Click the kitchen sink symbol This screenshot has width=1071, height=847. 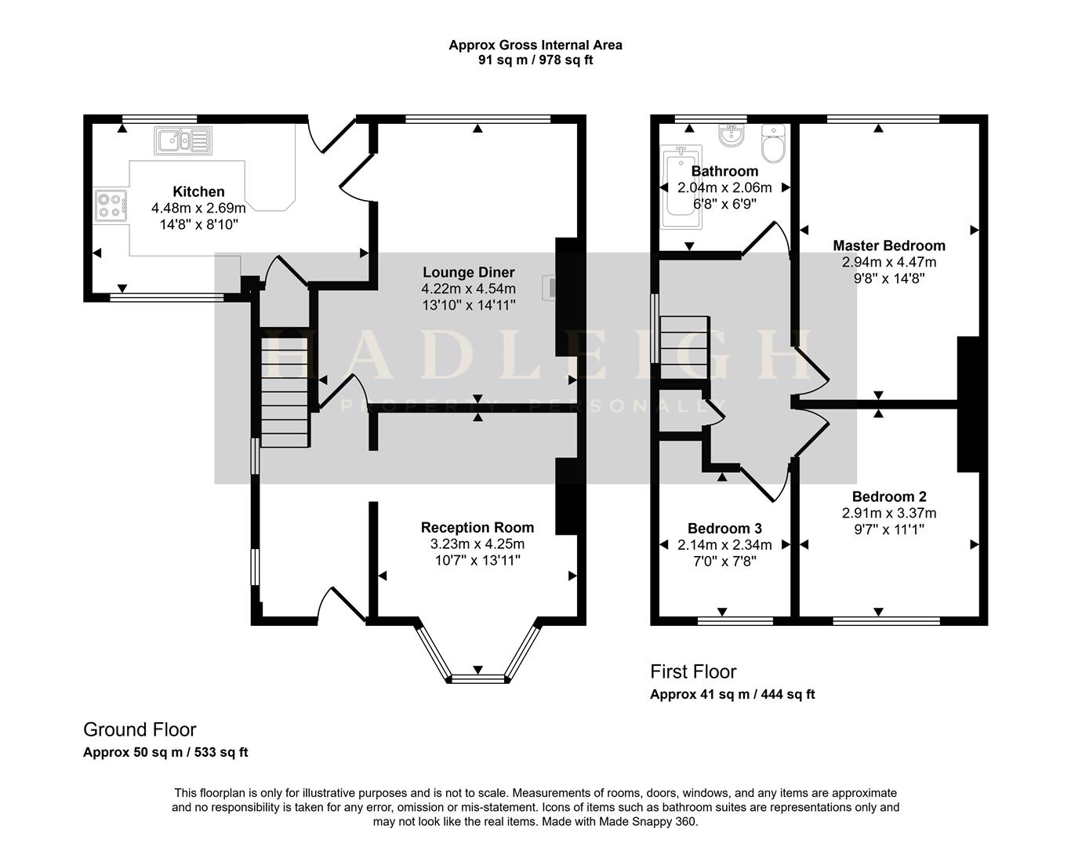click(183, 140)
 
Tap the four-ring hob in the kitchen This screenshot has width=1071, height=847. click(111, 205)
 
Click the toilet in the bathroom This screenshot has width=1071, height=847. click(772, 144)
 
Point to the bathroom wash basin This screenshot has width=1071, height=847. click(732, 136)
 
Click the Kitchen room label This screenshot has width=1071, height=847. click(198, 191)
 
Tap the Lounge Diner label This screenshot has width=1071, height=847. click(468, 272)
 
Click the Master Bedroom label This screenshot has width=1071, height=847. click(888, 245)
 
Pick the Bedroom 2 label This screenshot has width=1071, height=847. click(888, 496)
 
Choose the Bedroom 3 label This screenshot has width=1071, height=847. click(724, 529)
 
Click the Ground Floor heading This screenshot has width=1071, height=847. click(140, 730)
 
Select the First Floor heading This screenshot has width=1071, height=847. click(693, 672)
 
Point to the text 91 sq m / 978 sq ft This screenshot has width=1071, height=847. click(535, 60)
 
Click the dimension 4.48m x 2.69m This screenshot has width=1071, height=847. click(198, 209)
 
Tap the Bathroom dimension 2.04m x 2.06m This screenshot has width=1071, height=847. click(724, 188)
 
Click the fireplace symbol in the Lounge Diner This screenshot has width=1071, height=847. click(553, 287)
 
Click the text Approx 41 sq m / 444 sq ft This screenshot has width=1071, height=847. click(732, 694)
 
